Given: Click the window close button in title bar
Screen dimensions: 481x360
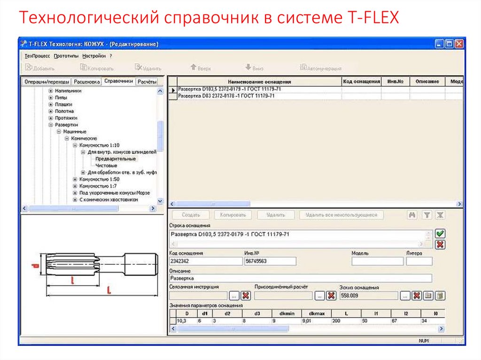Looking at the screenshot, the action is point(459,44).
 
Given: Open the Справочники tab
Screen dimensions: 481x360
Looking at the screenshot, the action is point(119,81).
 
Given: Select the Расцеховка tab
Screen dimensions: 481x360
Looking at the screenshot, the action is point(87,81).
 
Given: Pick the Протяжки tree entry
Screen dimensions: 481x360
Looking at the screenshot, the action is point(66,118).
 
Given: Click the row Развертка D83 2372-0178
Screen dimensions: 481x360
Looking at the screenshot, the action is point(226,96).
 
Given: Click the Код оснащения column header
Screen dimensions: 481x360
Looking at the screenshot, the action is point(361,82).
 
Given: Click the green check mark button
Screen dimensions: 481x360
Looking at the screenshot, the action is point(440,234).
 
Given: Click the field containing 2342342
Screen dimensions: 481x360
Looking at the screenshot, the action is point(205,261).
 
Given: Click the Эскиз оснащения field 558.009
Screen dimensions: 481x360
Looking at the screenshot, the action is point(368,296).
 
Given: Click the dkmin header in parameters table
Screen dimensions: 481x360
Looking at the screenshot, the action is point(287,313).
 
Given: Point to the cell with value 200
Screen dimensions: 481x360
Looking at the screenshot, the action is point(346,321).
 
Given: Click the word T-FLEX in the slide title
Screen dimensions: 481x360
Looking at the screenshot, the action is point(372,18).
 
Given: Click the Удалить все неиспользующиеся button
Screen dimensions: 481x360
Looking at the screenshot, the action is point(341,215).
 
